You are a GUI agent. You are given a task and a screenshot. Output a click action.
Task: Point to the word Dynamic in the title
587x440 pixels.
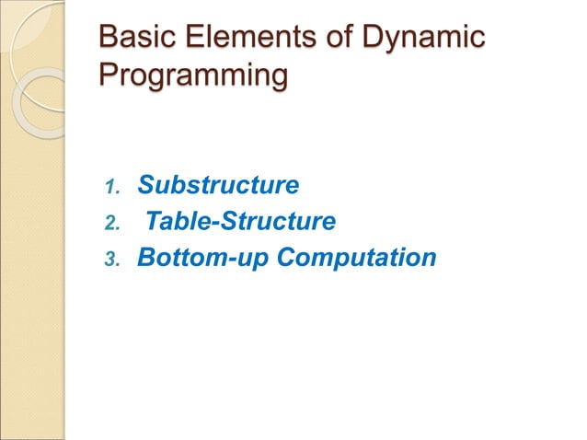click(425, 40)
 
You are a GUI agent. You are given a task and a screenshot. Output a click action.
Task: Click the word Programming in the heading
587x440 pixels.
click(190, 75)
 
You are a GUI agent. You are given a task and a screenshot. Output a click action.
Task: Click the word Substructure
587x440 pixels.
click(218, 186)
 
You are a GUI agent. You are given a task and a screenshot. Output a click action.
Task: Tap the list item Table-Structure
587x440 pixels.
click(241, 221)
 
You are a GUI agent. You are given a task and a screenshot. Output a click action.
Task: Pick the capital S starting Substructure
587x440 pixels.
click(145, 186)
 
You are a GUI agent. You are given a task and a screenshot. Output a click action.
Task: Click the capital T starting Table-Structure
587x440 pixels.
click(155, 221)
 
